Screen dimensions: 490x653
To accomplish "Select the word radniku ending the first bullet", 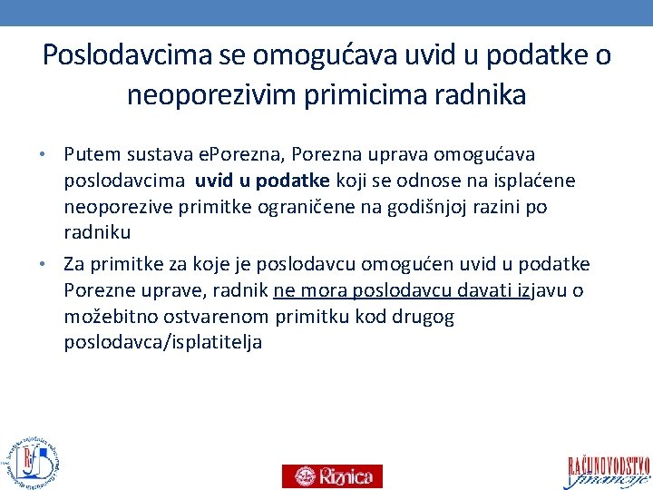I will click(98, 231).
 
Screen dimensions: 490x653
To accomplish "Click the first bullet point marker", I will click(54, 156).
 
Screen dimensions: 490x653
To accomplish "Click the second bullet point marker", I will click(54, 265).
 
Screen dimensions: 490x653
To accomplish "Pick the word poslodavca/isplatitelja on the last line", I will click(163, 342).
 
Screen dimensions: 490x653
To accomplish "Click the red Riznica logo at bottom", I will click(332, 475).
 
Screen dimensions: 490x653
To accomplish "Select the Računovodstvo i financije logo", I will click(609, 470).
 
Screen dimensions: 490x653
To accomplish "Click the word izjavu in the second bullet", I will click(545, 290).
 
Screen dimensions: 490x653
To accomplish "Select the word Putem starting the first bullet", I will click(91, 155).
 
